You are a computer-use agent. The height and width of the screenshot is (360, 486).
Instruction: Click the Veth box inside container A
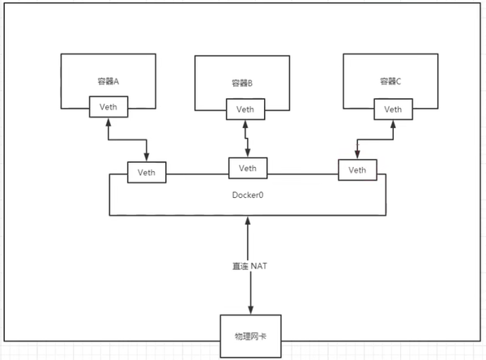point(109,106)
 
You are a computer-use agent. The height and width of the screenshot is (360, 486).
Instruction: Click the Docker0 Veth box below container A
point(147,172)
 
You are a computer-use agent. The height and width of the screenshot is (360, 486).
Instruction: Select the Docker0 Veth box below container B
point(249,168)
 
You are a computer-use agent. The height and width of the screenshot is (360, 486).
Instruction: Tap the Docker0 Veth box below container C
point(356,170)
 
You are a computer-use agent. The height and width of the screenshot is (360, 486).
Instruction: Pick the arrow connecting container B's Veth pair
point(246,137)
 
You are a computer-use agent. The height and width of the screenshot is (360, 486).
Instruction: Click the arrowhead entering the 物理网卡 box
point(249,311)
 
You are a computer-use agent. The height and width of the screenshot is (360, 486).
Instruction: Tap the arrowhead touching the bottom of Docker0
point(249,220)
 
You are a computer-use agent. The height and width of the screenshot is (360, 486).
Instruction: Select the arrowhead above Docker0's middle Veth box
point(248,153)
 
